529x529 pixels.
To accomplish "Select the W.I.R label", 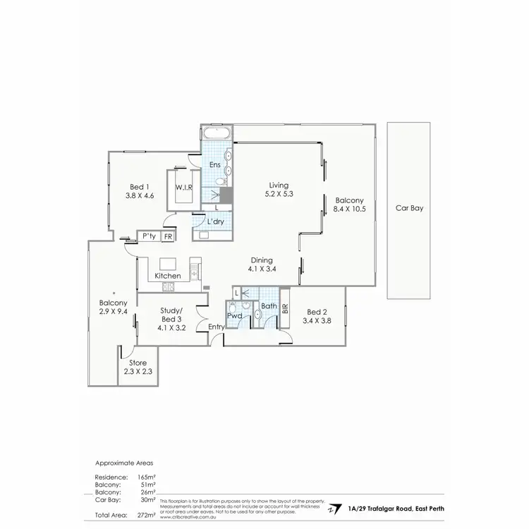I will (x=184, y=188).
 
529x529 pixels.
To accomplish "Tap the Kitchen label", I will (x=168, y=276).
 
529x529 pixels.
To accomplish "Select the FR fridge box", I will (x=168, y=237).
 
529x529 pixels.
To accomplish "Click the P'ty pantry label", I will (x=149, y=237).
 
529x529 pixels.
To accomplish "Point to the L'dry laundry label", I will (x=215, y=222).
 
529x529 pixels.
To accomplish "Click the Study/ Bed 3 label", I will (x=171, y=315).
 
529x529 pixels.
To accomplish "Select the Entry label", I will (x=216, y=327).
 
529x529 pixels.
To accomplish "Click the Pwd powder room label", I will (x=234, y=317).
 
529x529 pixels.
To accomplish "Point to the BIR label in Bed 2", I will (x=285, y=308).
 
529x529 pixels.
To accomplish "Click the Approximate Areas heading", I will (x=123, y=463).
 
